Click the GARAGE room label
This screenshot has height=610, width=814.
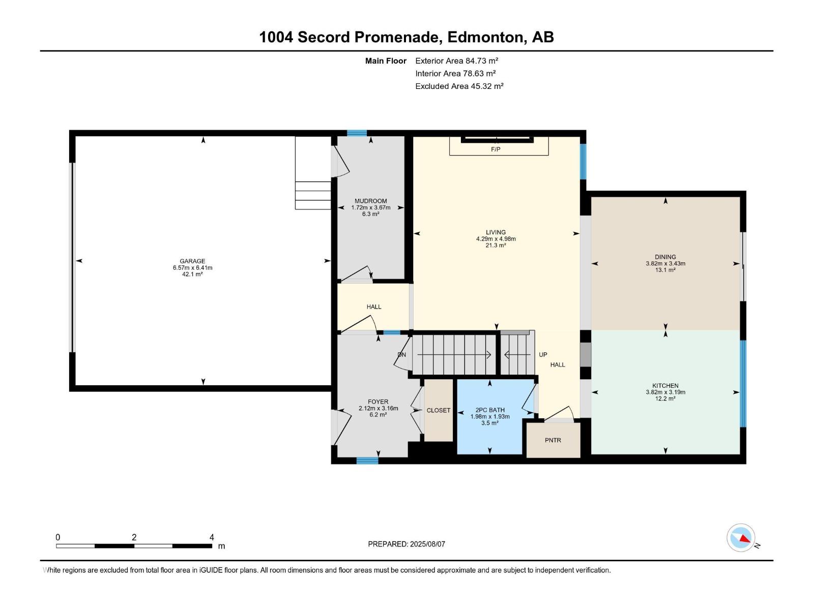point(192,261)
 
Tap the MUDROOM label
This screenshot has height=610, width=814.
point(370,201)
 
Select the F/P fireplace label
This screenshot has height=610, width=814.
point(496,149)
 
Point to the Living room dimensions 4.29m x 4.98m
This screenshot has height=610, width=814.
point(496,239)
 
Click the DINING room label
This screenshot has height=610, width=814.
point(665,257)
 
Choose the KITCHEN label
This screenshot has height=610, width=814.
point(665,385)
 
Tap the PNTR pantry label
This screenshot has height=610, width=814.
point(553,440)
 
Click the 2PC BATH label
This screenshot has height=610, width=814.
point(490,410)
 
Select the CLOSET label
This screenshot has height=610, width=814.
point(439,410)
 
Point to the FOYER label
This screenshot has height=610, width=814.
point(379,402)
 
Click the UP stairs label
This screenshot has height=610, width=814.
point(543,355)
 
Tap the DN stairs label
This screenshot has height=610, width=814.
point(402,355)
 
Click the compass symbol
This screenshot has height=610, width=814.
point(741,538)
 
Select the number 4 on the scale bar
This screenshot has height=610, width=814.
point(212,537)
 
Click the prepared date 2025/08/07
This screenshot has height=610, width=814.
point(427,544)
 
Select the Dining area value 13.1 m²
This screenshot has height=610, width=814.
point(665,270)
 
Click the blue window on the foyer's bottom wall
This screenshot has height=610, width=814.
point(367,461)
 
